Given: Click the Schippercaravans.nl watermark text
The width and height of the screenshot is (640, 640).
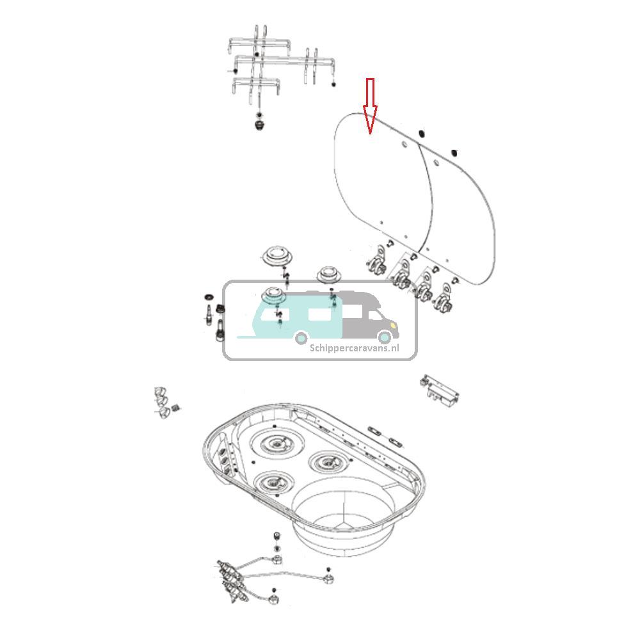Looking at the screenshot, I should (354, 348).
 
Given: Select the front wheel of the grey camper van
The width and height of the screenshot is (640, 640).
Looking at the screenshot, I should (384, 337).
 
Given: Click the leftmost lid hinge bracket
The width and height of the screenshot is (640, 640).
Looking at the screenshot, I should (378, 261).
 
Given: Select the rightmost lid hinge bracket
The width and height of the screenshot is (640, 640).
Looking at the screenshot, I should (442, 300).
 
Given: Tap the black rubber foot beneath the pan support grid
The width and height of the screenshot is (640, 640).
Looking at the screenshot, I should (259, 122).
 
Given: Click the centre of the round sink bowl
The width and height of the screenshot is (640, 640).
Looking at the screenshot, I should (346, 512).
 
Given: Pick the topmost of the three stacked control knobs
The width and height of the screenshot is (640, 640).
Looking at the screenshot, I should (159, 391).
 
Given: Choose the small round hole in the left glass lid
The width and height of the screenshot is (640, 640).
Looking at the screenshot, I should (404, 146).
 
